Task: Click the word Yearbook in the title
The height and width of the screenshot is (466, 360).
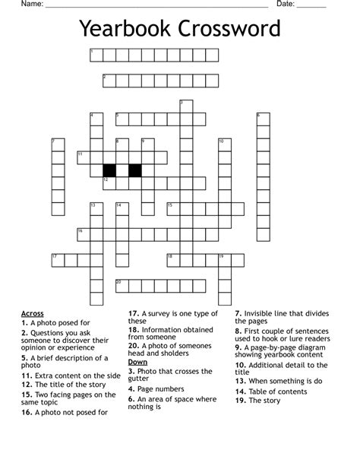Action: [126, 30]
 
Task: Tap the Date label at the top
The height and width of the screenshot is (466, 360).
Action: [286, 5]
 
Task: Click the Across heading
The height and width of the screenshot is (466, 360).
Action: [33, 313]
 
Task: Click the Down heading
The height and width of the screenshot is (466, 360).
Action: [137, 362]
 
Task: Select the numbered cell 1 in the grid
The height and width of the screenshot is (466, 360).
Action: [96, 55]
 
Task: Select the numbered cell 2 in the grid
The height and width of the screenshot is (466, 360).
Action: [109, 81]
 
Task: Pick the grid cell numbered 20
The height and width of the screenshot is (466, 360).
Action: [122, 285]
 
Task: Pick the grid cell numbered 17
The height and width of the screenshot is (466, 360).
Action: [58, 259]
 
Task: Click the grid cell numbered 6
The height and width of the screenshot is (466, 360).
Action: [263, 119]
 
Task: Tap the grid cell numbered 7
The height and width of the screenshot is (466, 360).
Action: [58, 144]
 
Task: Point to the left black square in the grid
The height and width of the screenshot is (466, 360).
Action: [109, 170]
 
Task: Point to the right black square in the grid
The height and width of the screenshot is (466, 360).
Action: [135, 170]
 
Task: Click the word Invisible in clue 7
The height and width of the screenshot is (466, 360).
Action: [262, 313]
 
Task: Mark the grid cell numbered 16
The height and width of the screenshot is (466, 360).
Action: [83, 234]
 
